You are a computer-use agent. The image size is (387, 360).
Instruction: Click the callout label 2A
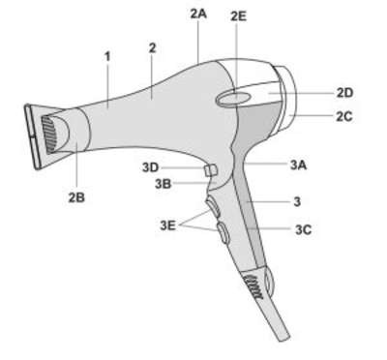[x=198, y=15]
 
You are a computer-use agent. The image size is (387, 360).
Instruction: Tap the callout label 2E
[x=238, y=16]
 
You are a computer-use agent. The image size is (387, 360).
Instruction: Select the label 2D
[x=344, y=93]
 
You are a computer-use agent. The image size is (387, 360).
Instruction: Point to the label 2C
[x=344, y=116]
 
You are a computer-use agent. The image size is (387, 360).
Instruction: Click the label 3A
[x=298, y=165]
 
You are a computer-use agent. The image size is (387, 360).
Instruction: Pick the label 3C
[x=303, y=229]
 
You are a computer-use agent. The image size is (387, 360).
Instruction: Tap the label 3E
[x=168, y=225]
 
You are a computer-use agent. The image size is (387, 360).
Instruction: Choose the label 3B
[x=164, y=184]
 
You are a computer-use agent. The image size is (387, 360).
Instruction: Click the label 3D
[x=151, y=167]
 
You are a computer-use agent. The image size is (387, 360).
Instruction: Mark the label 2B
[x=76, y=197]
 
